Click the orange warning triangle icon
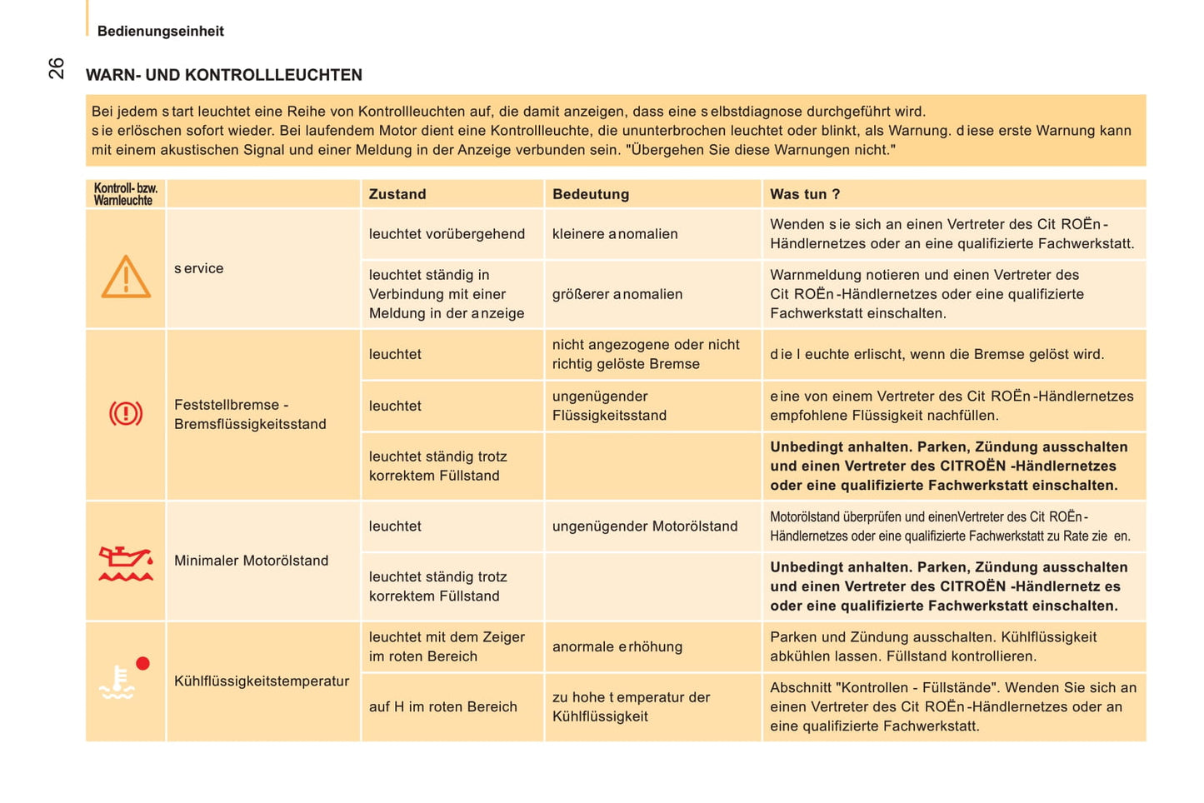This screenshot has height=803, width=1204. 126,277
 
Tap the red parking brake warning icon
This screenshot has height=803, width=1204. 126,413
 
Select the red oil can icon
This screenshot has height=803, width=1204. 126,563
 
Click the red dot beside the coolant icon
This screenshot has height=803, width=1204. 142,663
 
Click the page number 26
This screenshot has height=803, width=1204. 56,68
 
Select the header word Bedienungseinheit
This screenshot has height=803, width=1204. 160,31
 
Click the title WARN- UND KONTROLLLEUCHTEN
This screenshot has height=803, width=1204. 223,75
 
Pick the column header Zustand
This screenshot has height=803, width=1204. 397,194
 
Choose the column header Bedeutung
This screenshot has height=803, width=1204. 590,194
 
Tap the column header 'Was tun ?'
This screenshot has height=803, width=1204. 804,194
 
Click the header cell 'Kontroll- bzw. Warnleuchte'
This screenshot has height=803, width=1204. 125,194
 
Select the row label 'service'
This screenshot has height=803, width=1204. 198,268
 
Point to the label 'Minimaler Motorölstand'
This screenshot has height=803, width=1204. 251,561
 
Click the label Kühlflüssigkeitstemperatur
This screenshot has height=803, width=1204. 261,681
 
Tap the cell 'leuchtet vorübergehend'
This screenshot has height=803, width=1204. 447,234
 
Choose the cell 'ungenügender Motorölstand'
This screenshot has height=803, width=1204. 644,526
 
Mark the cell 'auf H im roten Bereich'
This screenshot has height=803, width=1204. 442,706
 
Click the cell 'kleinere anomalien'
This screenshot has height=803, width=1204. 614,234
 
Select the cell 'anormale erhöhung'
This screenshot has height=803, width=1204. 617,646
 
